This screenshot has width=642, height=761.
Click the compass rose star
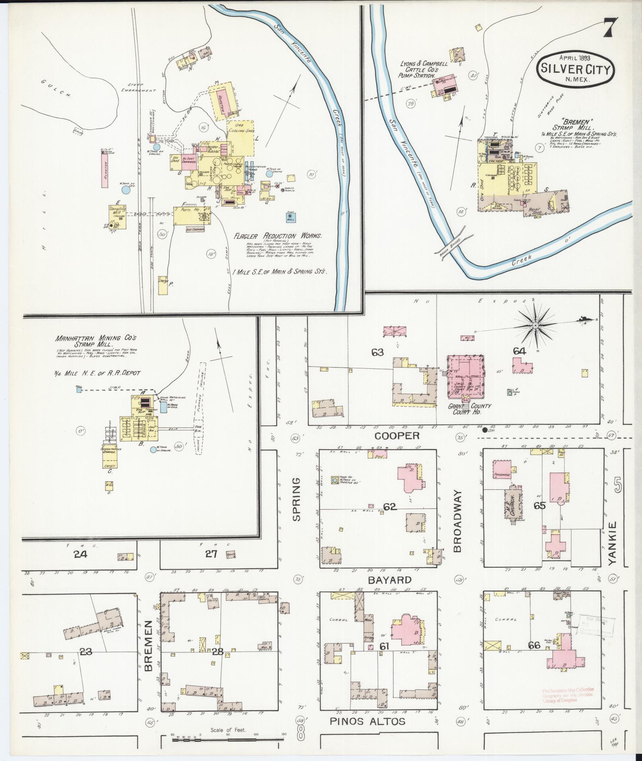pos(535,325)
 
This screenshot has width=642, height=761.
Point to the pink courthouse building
pos(465,376)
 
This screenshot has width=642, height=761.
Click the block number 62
pos(390,506)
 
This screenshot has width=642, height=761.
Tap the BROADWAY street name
pos(457,521)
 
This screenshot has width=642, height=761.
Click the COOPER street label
pos(397,436)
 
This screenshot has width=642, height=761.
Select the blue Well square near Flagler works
pos(290,217)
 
